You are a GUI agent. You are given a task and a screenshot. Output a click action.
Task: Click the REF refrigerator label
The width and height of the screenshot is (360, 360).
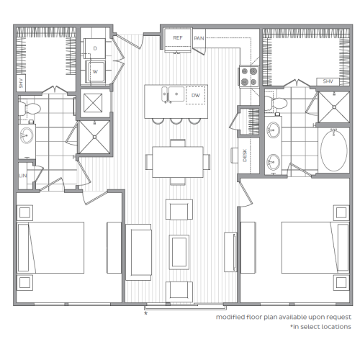pos(178,38)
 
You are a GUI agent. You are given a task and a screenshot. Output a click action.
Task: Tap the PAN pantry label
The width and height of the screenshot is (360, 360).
pos(199,38)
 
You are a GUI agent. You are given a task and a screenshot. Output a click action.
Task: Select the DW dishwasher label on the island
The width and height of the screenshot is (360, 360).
pos(196,96)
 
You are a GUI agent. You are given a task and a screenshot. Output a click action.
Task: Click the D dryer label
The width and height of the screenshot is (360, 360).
pos(95,48)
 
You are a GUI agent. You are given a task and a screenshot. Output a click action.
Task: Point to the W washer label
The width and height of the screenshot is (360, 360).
pos(95,71)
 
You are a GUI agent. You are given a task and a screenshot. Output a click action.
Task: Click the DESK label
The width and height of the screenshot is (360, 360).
pos(245,156)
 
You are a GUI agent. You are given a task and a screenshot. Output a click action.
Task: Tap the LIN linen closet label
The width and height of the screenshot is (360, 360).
pos(22,176)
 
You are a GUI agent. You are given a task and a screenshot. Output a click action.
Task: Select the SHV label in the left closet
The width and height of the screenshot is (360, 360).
pos(21,84)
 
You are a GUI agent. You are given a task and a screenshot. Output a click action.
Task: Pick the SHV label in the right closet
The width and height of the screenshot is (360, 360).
pos(328,81)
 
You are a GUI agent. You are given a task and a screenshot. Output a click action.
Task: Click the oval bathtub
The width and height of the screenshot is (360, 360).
pos(334,150)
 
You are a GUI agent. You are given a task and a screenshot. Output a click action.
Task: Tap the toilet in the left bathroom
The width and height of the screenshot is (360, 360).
pos(30,109)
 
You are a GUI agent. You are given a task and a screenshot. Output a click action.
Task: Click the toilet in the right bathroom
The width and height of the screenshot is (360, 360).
pos(276,103)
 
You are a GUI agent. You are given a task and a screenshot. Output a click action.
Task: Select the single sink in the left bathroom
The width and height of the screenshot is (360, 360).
pos(27,135)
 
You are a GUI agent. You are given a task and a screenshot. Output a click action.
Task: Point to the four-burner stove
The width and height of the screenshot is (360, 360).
pos(249,76)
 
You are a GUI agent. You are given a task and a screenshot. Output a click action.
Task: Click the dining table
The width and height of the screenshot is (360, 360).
pos(178,162)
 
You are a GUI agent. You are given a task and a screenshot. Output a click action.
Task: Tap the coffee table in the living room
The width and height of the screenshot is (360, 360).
pos(179,252)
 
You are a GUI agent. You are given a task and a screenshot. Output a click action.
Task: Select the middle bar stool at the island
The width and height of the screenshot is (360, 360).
pos(176,121)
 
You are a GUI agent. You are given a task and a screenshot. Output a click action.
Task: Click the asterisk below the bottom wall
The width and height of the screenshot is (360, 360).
pos(145,313)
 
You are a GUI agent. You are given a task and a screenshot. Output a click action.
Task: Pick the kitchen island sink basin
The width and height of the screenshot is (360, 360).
pos(176,94)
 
